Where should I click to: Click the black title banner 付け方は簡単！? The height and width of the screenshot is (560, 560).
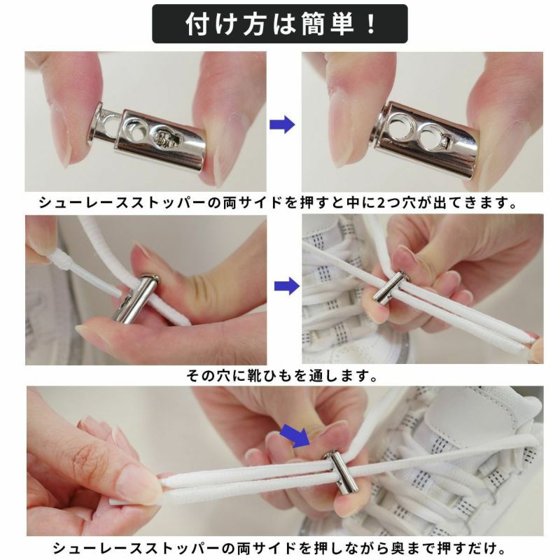(279, 24)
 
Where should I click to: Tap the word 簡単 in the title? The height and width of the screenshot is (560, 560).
(328, 24)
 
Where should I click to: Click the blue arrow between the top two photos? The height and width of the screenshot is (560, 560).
(282, 125)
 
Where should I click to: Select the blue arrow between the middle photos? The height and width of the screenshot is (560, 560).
(287, 286)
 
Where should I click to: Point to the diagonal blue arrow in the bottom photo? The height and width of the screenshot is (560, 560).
(294, 435)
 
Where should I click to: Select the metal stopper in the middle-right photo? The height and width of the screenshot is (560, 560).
(388, 288)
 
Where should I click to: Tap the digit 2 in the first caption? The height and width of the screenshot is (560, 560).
(381, 203)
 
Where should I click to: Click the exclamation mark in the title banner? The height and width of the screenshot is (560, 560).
(372, 24)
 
